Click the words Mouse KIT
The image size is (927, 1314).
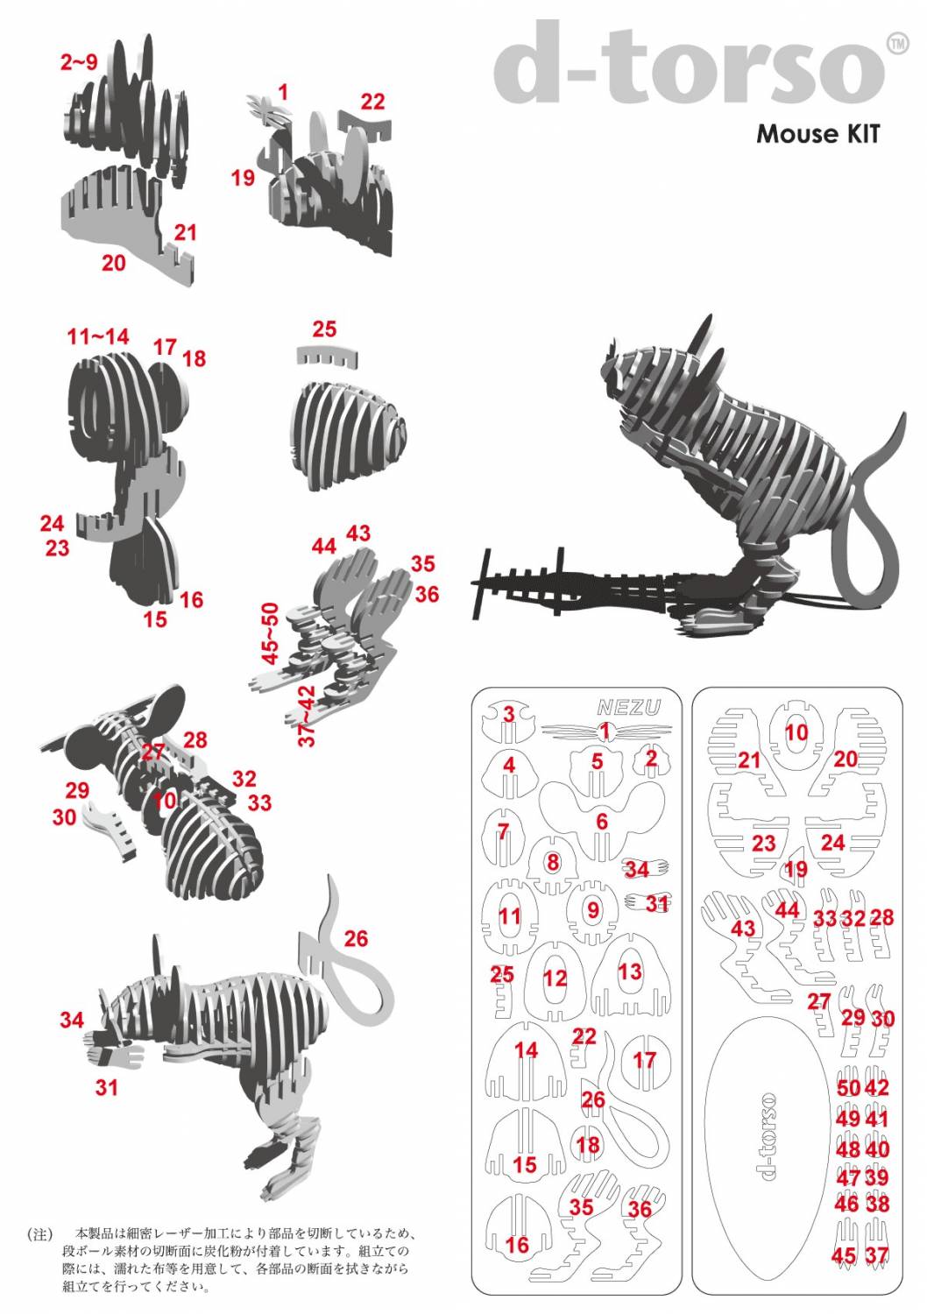[817, 134]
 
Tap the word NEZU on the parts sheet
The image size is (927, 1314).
[628, 708]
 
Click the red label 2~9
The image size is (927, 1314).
[79, 61]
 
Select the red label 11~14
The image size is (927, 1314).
[98, 336]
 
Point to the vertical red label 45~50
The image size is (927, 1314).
[270, 633]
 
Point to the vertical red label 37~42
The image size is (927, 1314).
[307, 717]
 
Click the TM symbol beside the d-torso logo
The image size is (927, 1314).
[898, 44]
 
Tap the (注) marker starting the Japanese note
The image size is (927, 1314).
[41, 1234]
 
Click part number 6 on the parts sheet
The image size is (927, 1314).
[601, 822]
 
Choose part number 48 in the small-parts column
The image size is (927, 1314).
[848, 1148]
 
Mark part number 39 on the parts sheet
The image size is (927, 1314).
[877, 1177]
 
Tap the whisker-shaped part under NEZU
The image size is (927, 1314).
[606, 731]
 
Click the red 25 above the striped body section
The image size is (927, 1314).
[324, 329]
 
